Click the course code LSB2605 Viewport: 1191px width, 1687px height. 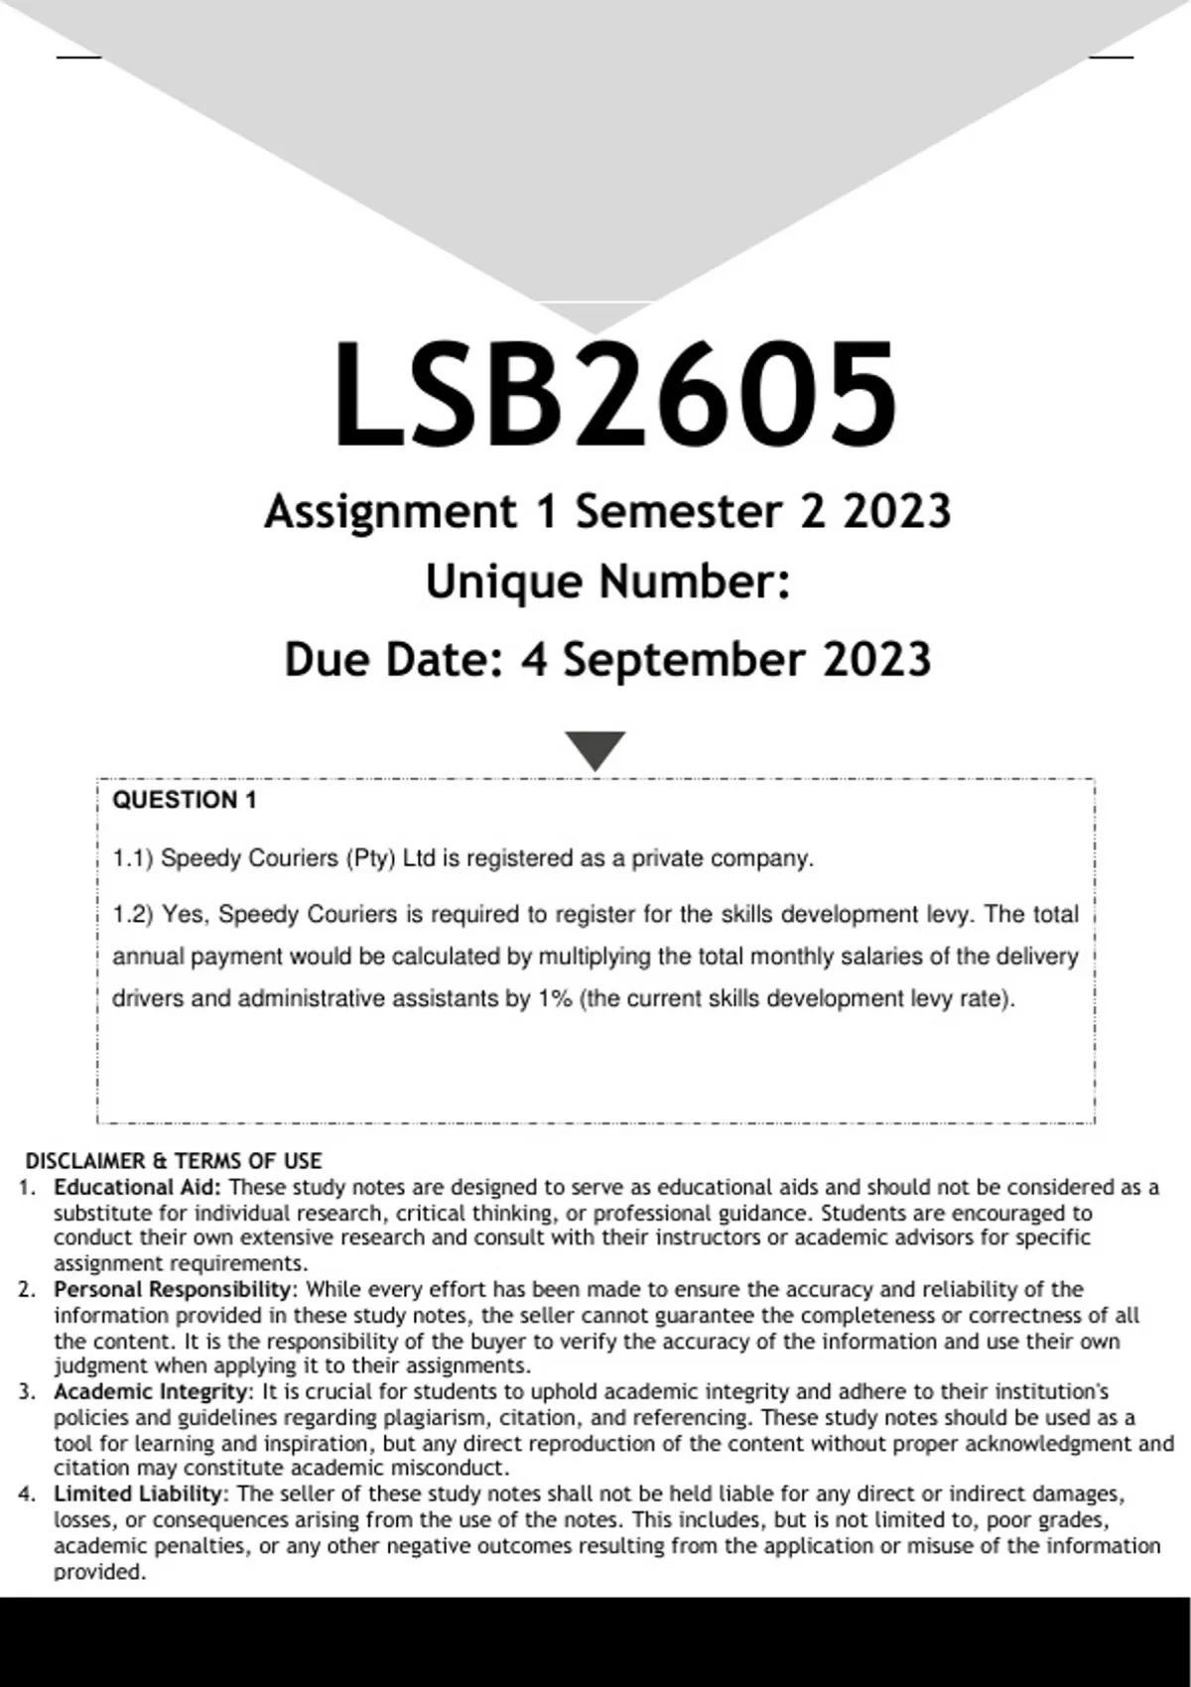tap(615, 395)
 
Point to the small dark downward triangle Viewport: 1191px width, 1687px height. tap(595, 749)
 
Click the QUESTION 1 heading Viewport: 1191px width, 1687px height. tap(185, 801)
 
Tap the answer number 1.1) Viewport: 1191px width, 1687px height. tap(132, 858)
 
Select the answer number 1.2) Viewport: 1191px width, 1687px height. tap(133, 914)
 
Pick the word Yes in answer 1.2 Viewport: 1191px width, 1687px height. tap(182, 914)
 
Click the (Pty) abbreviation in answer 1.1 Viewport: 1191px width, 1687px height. tap(369, 858)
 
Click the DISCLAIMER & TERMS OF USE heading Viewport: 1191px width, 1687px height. tap(174, 1161)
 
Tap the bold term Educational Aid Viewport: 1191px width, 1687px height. tap(138, 1187)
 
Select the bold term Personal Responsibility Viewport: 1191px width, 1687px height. tap(175, 1289)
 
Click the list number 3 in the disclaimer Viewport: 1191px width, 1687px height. tap(27, 1391)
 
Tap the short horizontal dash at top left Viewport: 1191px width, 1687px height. tap(78, 57)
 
